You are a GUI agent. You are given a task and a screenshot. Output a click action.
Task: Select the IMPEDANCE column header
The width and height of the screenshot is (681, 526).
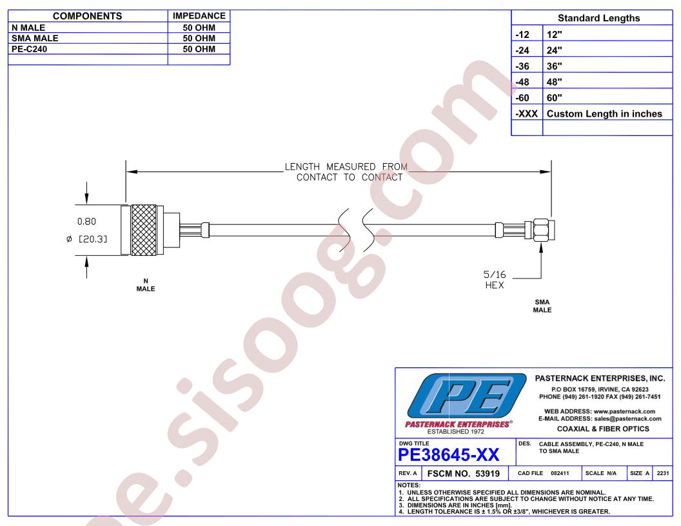pos(199,16)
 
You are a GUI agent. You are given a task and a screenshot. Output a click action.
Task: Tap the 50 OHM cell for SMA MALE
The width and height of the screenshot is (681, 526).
pos(199,38)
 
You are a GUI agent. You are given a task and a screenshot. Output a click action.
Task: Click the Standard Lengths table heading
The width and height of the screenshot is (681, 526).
pos(598,18)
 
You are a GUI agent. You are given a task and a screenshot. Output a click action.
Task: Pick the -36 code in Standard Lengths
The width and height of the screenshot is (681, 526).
pos(522,66)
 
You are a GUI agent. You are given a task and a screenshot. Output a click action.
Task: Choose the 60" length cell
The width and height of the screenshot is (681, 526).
pos(554,98)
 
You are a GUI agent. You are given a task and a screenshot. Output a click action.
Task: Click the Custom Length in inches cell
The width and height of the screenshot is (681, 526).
pos(604,113)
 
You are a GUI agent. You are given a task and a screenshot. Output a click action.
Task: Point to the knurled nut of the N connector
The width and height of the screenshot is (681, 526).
pos(144,230)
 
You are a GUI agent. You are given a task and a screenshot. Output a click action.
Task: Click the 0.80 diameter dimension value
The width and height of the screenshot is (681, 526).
pos(86,221)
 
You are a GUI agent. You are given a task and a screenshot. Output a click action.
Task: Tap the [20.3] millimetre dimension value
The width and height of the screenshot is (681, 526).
pos(92,239)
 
